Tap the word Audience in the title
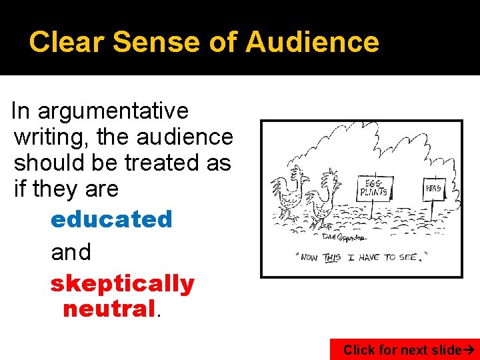[x=312, y=42]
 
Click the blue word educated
[x=111, y=219]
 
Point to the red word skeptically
[x=122, y=283]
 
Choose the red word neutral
[x=109, y=309]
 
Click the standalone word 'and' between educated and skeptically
[x=71, y=252]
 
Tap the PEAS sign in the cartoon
[x=433, y=189]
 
